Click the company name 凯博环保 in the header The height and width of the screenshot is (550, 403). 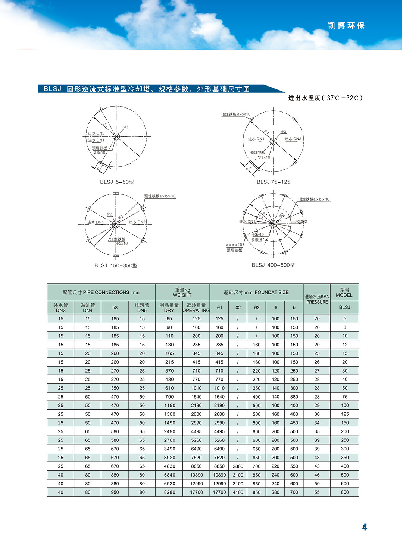point(346,26)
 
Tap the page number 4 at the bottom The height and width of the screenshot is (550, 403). point(365,527)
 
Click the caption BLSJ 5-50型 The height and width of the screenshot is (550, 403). point(116,182)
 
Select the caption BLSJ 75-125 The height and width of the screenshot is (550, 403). point(273,182)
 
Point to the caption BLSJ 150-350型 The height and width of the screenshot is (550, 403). point(116,265)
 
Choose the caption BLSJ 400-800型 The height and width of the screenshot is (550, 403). point(273,265)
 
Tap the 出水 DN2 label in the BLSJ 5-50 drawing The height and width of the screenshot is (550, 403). point(96,133)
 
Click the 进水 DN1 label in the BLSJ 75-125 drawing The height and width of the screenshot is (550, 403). point(256,139)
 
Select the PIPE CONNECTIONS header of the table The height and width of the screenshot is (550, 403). point(101,292)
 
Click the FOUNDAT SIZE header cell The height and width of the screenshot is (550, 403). point(256,292)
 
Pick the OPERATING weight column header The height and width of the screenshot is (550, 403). point(196,308)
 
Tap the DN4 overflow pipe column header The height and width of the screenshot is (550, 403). point(88,308)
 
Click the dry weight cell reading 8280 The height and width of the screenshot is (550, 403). point(169,492)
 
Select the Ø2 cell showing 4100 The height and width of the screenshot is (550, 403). point(238,492)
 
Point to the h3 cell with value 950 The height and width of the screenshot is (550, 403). point(115,492)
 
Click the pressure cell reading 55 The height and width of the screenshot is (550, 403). point(317,492)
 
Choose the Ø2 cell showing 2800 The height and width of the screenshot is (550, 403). point(238,466)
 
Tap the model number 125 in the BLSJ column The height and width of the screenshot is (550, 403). point(345,414)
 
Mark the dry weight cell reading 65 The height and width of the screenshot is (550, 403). point(169,319)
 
